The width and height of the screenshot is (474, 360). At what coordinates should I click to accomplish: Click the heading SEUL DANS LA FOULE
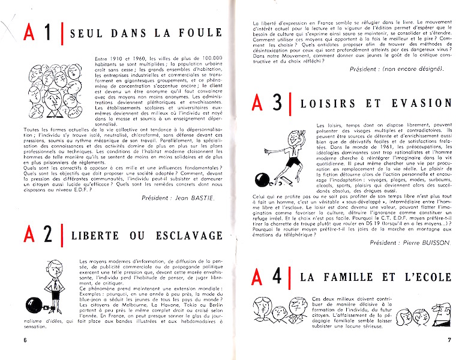[x=146, y=33]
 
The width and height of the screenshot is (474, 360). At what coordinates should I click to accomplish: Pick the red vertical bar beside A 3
[x=290, y=103]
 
